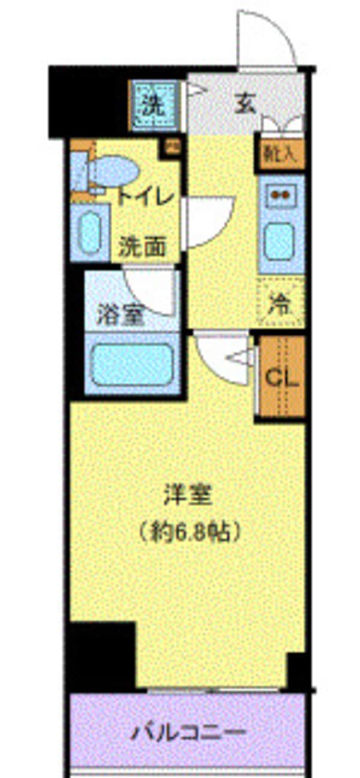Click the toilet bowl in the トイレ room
[x=114, y=171]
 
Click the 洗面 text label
[x=142, y=247]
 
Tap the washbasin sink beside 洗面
[x=90, y=233]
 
